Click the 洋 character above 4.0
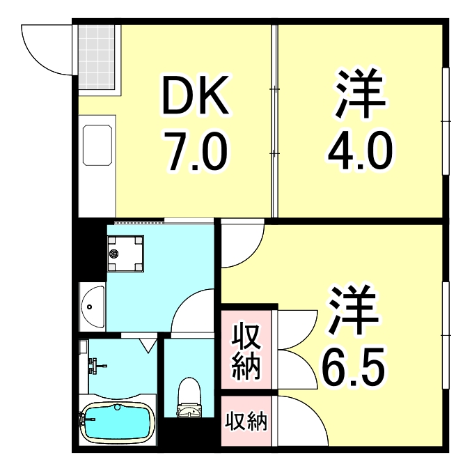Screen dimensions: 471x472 pyautogui.click(x=361, y=95)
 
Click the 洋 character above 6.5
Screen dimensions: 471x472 pyautogui.click(x=354, y=311)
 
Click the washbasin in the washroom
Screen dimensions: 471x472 pyautogui.click(x=91, y=305)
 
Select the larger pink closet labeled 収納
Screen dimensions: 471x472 pyautogui.click(x=246, y=353)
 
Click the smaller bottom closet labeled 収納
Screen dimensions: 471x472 pyautogui.click(x=246, y=421)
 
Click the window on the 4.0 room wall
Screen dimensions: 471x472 pyautogui.click(x=446, y=121)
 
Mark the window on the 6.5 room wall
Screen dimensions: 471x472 pyautogui.click(x=446, y=335)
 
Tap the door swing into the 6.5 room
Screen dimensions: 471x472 pyautogui.click(x=240, y=245)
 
